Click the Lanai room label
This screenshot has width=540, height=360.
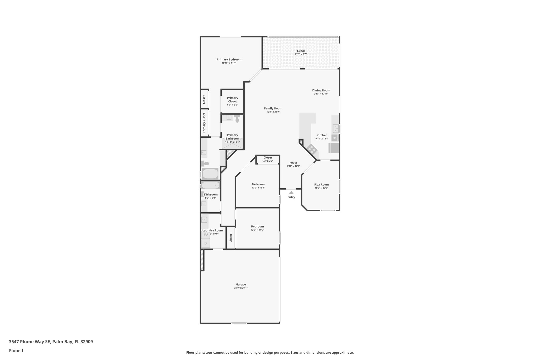tap(301, 51)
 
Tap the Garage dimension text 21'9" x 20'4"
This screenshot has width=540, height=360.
tap(241, 288)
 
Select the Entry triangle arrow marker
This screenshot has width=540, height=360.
tap(291, 193)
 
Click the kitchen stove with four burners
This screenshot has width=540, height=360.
tap(312, 149)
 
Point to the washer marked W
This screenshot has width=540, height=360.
tap(205, 235)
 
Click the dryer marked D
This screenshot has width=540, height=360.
tap(205, 243)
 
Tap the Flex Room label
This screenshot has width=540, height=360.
tap(321, 185)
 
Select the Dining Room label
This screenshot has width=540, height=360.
tap(321, 90)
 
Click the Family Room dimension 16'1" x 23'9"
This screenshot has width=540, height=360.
tap(273, 112)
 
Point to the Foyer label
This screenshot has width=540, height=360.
tap(293, 163)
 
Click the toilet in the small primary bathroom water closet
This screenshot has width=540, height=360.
tap(237, 119)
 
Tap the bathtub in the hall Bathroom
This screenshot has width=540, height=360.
tap(210, 185)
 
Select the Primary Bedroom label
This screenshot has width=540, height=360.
tap(229, 60)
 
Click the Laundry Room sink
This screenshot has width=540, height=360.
tap(204, 220)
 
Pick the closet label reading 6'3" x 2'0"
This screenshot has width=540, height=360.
tap(268, 161)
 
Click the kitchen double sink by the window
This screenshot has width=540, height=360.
tap(335, 129)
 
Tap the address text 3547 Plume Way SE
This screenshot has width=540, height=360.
tap(30, 342)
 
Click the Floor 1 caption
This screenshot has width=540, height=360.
tap(16, 351)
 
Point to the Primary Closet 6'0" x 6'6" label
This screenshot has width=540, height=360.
tap(232, 101)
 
